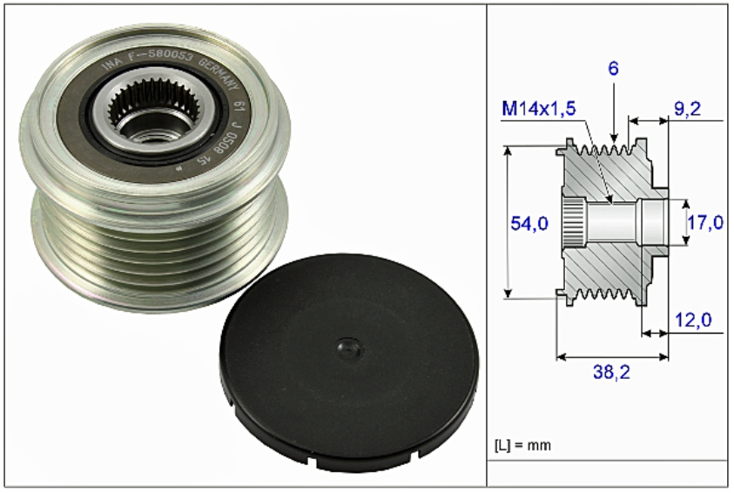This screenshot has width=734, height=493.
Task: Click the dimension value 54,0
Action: (529, 224)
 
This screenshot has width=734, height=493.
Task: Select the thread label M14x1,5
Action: (539, 109)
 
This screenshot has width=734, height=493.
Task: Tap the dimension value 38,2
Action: (613, 372)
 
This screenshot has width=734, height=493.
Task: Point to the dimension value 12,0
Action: (693, 320)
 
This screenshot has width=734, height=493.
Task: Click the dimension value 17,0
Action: (705, 224)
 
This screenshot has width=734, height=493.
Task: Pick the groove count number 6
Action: (613, 68)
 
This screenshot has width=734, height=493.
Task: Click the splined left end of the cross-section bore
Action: (571, 224)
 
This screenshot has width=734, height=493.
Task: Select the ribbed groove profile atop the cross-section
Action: (609, 152)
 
